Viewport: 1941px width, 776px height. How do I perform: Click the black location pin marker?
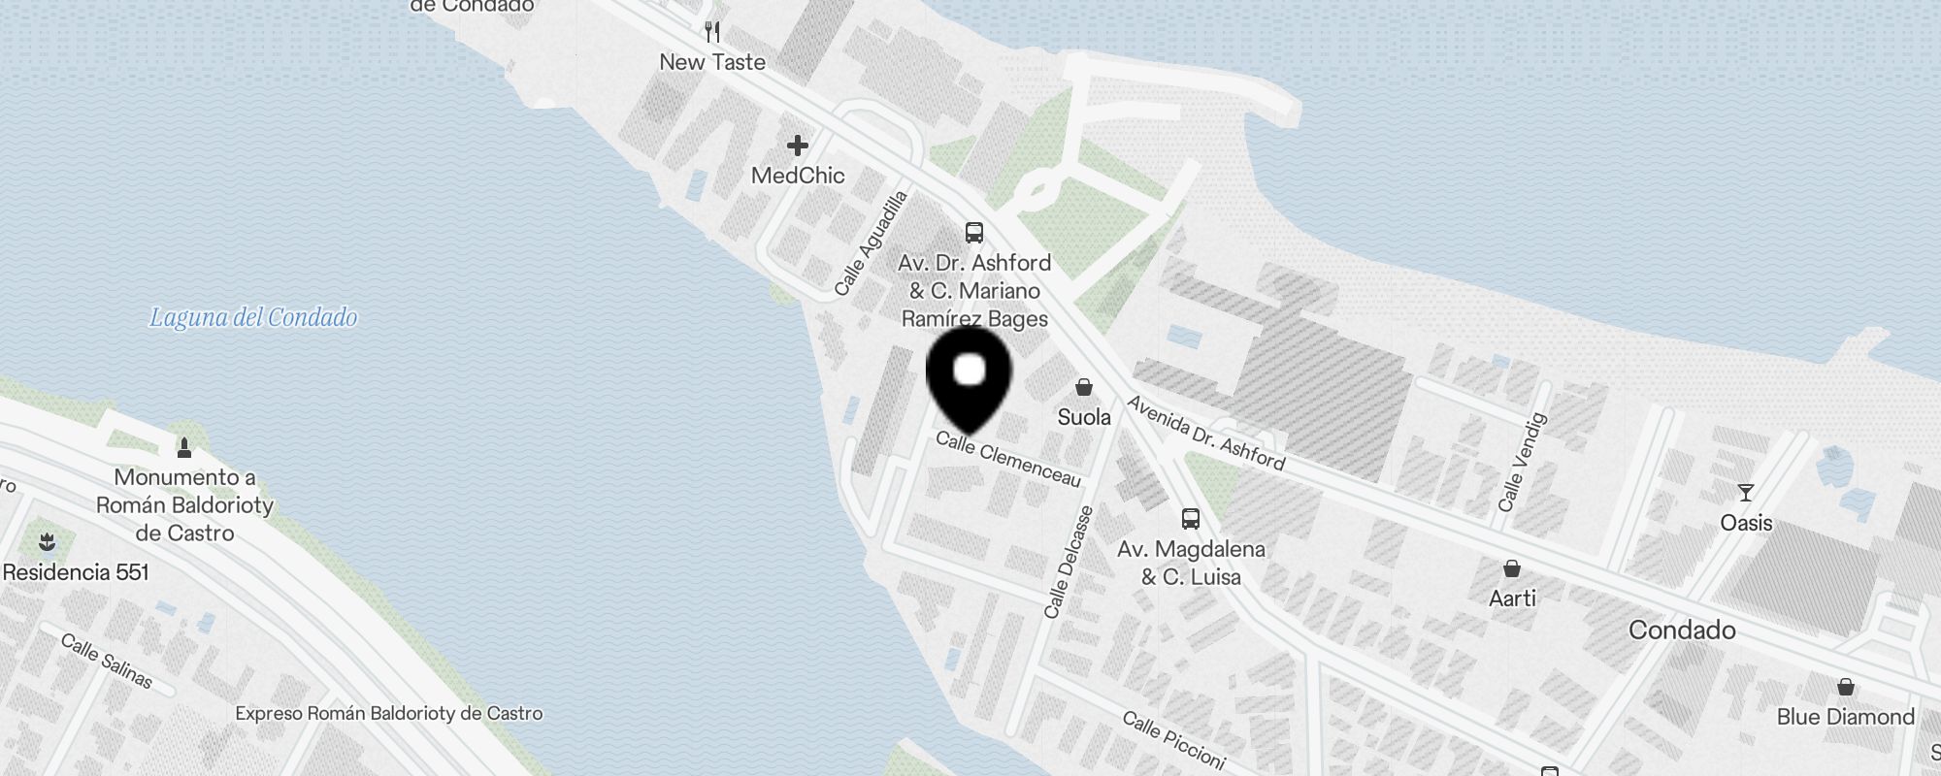[x=970, y=377]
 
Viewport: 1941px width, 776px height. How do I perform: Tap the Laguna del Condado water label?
[x=253, y=317]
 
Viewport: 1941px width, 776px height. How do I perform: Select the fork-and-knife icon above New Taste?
[x=712, y=32]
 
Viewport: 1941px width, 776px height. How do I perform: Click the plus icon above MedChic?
[x=798, y=145]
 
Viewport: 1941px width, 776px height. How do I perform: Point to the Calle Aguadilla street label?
[x=871, y=242]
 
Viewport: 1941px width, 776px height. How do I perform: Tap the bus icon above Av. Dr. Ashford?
[x=974, y=233]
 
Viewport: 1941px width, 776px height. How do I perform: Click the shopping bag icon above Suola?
[x=1084, y=387]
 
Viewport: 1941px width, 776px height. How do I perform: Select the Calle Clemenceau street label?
[x=1008, y=459]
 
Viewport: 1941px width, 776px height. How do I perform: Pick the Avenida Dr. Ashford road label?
[x=1206, y=434]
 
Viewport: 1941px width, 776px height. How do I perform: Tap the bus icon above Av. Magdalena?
[x=1191, y=518]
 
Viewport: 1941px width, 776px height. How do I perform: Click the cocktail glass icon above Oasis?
[x=1746, y=493]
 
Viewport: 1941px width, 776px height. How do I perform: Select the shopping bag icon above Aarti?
[x=1512, y=568]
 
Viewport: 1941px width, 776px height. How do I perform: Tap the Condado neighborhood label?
[x=1682, y=630]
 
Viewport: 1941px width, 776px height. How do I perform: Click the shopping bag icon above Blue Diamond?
[x=1846, y=688]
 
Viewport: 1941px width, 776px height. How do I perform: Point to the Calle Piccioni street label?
[x=1174, y=739]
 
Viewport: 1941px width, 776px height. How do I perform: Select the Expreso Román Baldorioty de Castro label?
[x=389, y=714]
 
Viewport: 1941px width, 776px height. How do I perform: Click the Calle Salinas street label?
[x=107, y=660]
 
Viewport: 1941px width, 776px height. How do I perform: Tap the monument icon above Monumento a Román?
[x=184, y=447]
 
